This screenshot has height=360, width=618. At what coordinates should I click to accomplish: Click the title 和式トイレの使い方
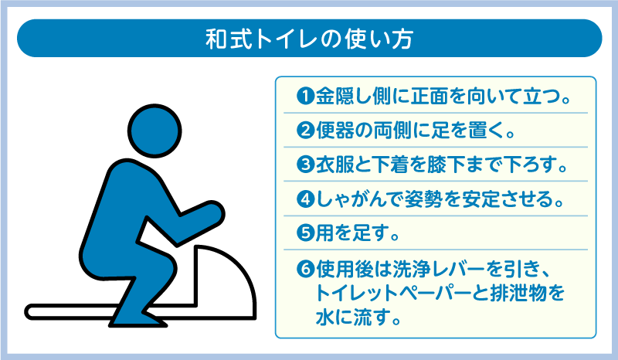coord(309,38)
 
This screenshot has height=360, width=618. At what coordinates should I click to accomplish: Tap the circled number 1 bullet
coord(304,98)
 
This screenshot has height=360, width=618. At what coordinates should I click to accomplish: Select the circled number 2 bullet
coord(304,131)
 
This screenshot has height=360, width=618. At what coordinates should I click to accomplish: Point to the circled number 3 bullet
coord(304,165)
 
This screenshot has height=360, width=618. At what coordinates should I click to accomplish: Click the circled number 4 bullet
coord(304,199)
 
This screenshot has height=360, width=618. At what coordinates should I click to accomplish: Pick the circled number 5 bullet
coord(304,233)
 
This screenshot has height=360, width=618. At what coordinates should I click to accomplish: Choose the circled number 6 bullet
coord(304,269)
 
